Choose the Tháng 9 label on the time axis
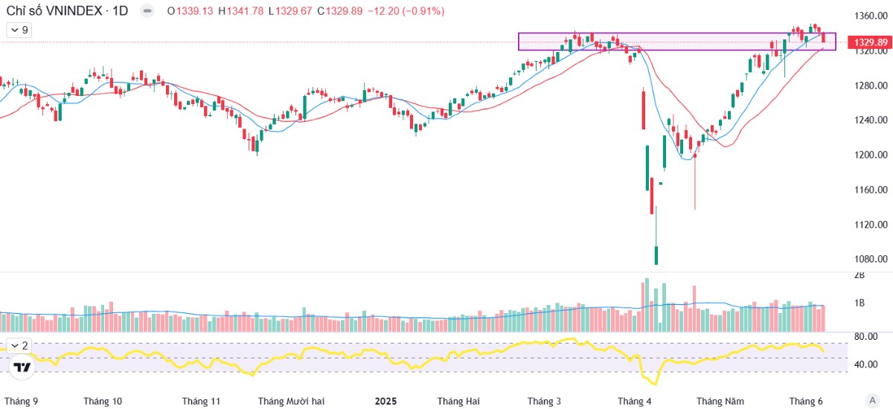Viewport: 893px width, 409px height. click(x=21, y=401)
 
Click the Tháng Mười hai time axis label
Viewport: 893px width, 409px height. click(x=291, y=401)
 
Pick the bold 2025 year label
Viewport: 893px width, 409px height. click(x=385, y=401)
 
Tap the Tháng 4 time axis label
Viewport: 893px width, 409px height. click(x=634, y=401)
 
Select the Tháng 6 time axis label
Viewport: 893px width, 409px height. click(x=805, y=401)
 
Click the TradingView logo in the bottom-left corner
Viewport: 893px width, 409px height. click(x=22, y=367)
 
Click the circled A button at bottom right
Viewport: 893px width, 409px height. click(x=871, y=400)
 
